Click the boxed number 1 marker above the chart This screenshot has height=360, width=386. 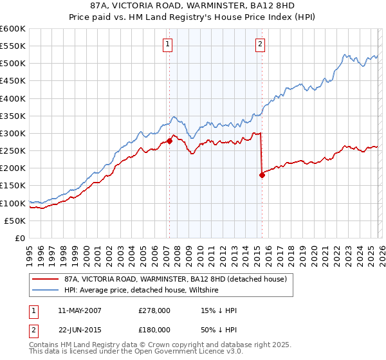click(x=168, y=44)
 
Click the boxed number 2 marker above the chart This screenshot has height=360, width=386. click(x=261, y=44)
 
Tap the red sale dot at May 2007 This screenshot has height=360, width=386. click(x=169, y=141)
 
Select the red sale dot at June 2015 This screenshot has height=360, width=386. click(x=262, y=175)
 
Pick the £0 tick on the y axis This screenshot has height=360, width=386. click(x=21, y=238)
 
